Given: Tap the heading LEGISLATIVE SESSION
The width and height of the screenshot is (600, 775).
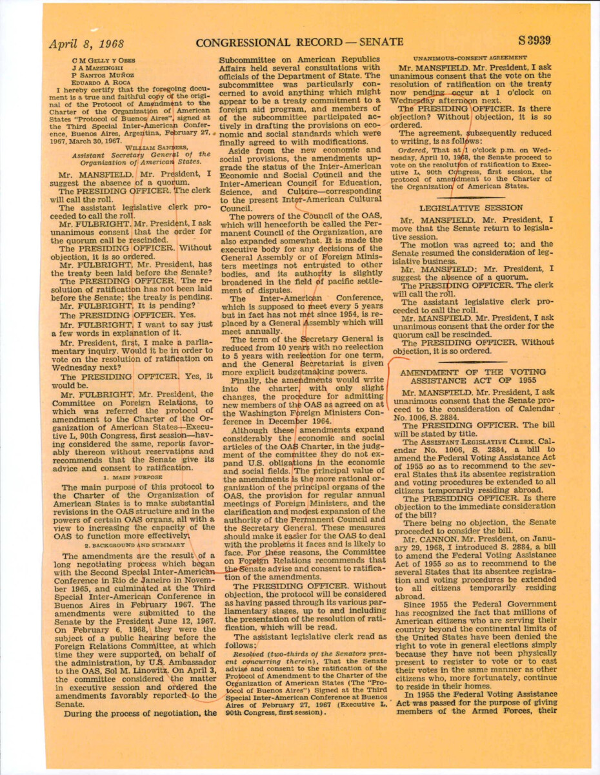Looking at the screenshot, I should (471, 208).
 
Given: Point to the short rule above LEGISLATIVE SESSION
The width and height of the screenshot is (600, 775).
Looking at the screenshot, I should (471, 197).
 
